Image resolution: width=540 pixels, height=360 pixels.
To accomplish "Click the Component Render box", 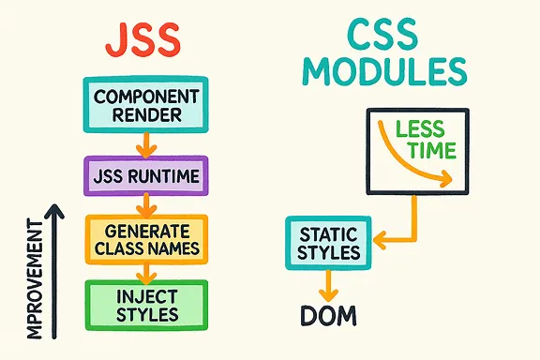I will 141,106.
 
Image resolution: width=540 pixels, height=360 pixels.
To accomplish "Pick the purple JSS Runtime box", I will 141,175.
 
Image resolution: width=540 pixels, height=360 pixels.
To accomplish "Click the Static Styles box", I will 328,242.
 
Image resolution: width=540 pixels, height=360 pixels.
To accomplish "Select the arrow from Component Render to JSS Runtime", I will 142,144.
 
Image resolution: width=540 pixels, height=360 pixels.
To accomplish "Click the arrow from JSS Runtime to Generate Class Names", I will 142,204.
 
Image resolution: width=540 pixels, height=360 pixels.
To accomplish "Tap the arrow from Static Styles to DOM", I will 328,282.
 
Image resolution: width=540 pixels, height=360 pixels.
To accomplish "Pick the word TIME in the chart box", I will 427,152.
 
